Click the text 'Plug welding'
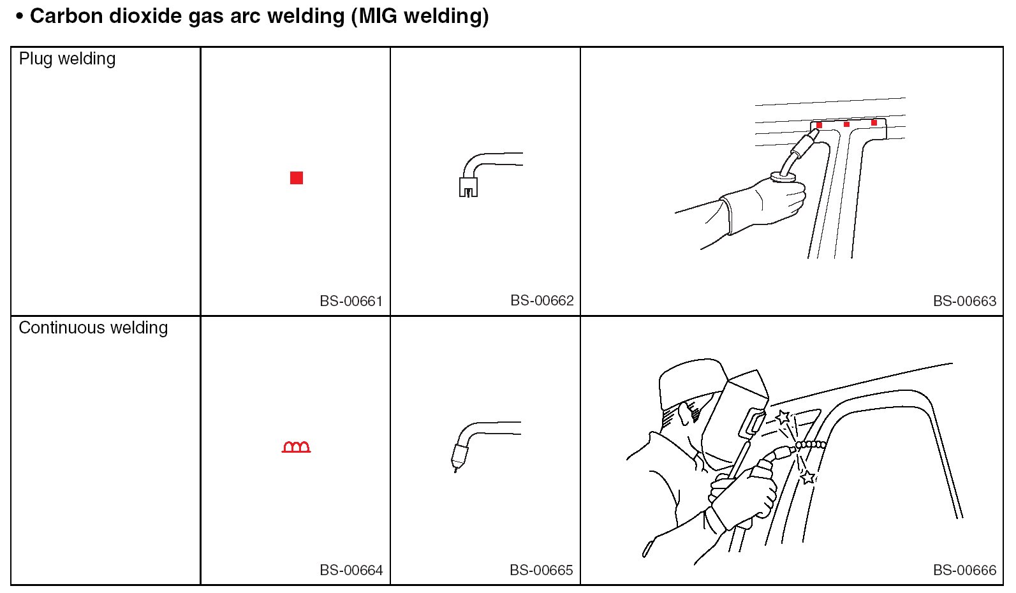pos(67,59)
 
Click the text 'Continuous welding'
pos(93,328)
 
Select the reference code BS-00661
pos(351,301)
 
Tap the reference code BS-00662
pos(542,300)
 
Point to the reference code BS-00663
pos(965,301)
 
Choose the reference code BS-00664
pos(351,570)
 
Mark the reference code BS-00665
pos(541,570)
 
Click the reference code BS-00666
pos(965,570)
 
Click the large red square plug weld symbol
pos(297,178)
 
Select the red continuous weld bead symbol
pos(296,447)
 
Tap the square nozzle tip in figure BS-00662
pos(469,187)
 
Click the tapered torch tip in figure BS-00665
pos(459,459)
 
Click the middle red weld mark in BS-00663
pos(846,124)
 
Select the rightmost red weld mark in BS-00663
pos(874,122)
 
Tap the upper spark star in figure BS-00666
pos(783,417)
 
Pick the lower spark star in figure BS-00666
pos(808,478)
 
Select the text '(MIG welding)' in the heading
pos(420,17)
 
